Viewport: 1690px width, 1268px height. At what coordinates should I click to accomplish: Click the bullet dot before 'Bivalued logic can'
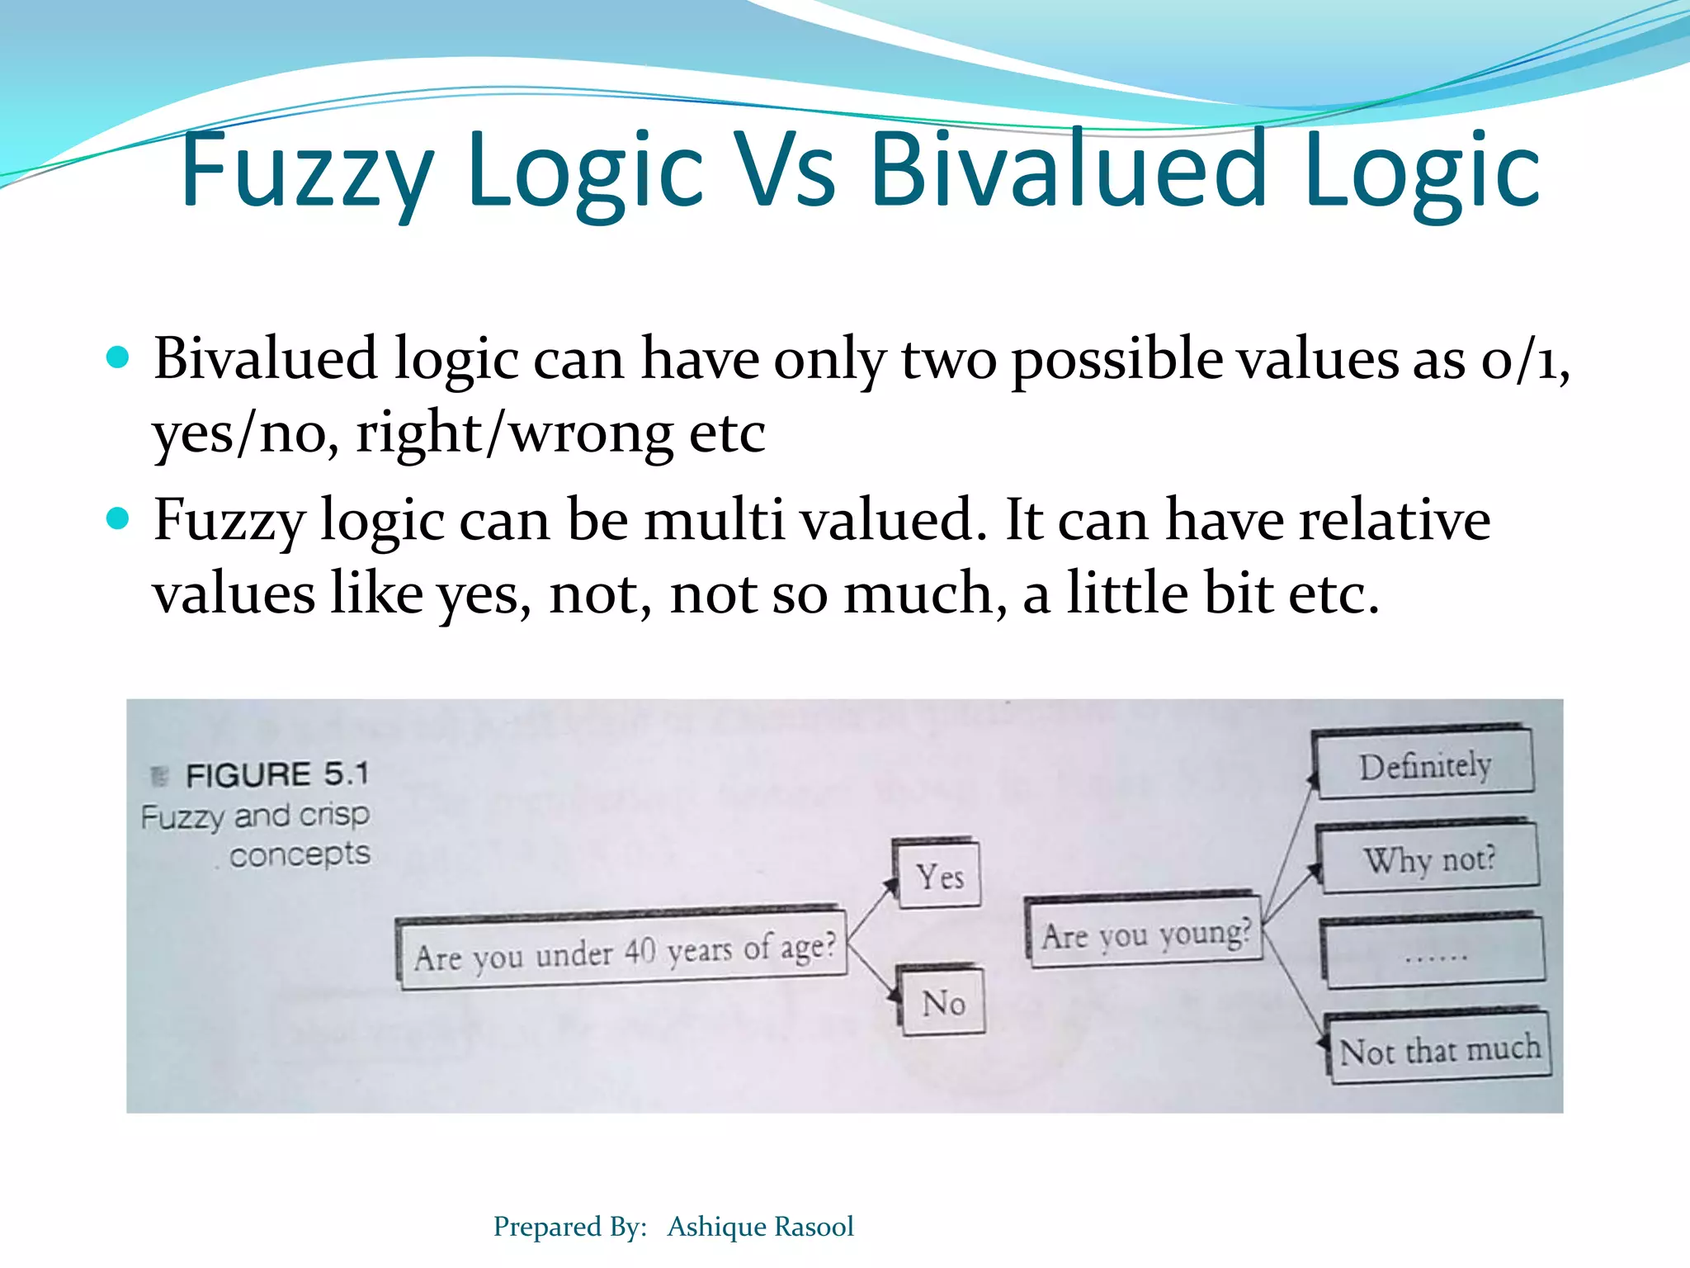click(119, 357)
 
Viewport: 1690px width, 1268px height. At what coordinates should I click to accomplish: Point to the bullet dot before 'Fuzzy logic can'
click(119, 518)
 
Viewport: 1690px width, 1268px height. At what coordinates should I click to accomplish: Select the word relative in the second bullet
click(1395, 521)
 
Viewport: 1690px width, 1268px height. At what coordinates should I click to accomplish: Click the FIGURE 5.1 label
click(277, 774)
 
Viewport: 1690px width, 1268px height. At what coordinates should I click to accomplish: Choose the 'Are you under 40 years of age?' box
click(624, 952)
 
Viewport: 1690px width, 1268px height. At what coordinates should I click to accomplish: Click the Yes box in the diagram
click(940, 875)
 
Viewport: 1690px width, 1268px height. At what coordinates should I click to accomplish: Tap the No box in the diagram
click(943, 1002)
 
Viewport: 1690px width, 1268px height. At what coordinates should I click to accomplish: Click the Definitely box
click(1424, 765)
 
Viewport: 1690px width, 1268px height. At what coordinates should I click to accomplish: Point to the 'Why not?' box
click(1429, 859)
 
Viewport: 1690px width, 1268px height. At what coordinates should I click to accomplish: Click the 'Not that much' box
click(1439, 1049)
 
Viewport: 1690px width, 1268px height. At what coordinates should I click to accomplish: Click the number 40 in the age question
click(640, 951)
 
